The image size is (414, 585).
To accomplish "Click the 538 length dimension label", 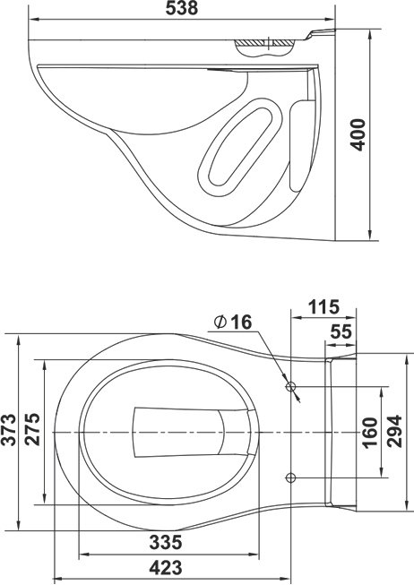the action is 181,8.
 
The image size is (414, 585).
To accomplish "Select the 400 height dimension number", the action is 358,134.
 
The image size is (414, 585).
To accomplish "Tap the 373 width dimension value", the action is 9,430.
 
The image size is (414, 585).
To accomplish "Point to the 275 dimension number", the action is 32,429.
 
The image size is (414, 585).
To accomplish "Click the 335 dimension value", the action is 166,543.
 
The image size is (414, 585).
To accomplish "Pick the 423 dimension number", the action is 166,568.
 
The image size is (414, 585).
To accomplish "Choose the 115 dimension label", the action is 323,307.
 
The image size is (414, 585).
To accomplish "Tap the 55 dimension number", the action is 341,331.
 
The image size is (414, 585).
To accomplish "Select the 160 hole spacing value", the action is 370,433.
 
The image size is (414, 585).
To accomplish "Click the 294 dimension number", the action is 394,431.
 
